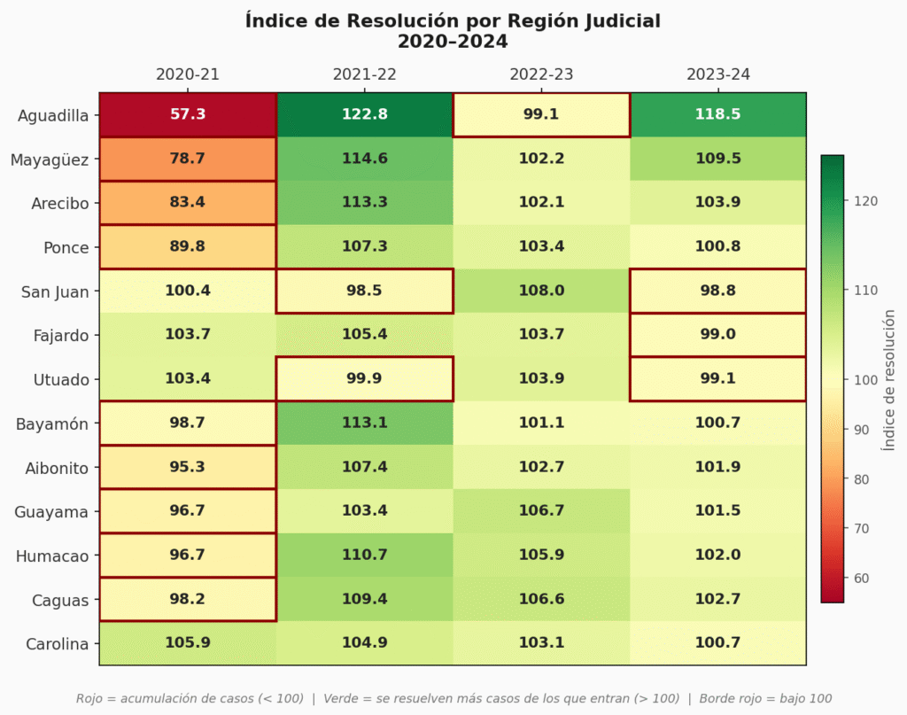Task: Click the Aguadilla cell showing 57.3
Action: coord(188,114)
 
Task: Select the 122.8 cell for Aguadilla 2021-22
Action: coord(364,114)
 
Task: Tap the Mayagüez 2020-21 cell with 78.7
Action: coord(188,159)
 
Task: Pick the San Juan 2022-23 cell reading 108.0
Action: coord(541,291)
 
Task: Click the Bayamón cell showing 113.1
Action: coord(364,423)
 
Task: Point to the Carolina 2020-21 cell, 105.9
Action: coord(188,643)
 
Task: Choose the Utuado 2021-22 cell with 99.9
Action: coord(364,379)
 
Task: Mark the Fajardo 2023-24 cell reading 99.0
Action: coord(717,335)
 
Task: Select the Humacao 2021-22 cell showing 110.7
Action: coord(364,556)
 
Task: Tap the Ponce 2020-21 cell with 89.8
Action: coord(188,246)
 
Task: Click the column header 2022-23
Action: coord(541,74)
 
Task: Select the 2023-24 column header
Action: coord(717,74)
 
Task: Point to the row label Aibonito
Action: coord(57,468)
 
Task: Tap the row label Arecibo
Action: coord(59,203)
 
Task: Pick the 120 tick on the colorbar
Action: coord(865,201)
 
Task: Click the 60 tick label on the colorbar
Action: coord(862,578)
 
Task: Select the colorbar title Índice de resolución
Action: coord(888,379)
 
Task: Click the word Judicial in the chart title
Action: coord(616,21)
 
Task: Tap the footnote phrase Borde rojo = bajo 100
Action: coord(765,698)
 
